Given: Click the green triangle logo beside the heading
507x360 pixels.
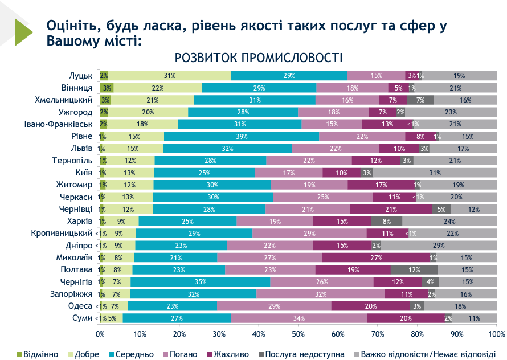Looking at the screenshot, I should click(23, 31).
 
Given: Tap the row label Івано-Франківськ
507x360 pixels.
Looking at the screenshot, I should click(59, 124).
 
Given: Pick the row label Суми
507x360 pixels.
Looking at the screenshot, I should click(83, 318).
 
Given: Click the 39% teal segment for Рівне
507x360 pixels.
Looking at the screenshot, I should click(241, 137).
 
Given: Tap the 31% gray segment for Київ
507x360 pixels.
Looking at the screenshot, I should click(435, 173).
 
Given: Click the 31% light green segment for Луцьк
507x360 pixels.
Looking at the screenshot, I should click(169, 76).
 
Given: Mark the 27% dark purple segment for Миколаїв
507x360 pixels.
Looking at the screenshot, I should click(376, 257).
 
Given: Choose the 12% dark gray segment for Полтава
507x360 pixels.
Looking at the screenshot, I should click(414, 269).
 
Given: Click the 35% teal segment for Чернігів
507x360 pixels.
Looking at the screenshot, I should click(200, 282).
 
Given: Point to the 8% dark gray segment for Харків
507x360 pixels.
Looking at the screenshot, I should click(387, 221).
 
